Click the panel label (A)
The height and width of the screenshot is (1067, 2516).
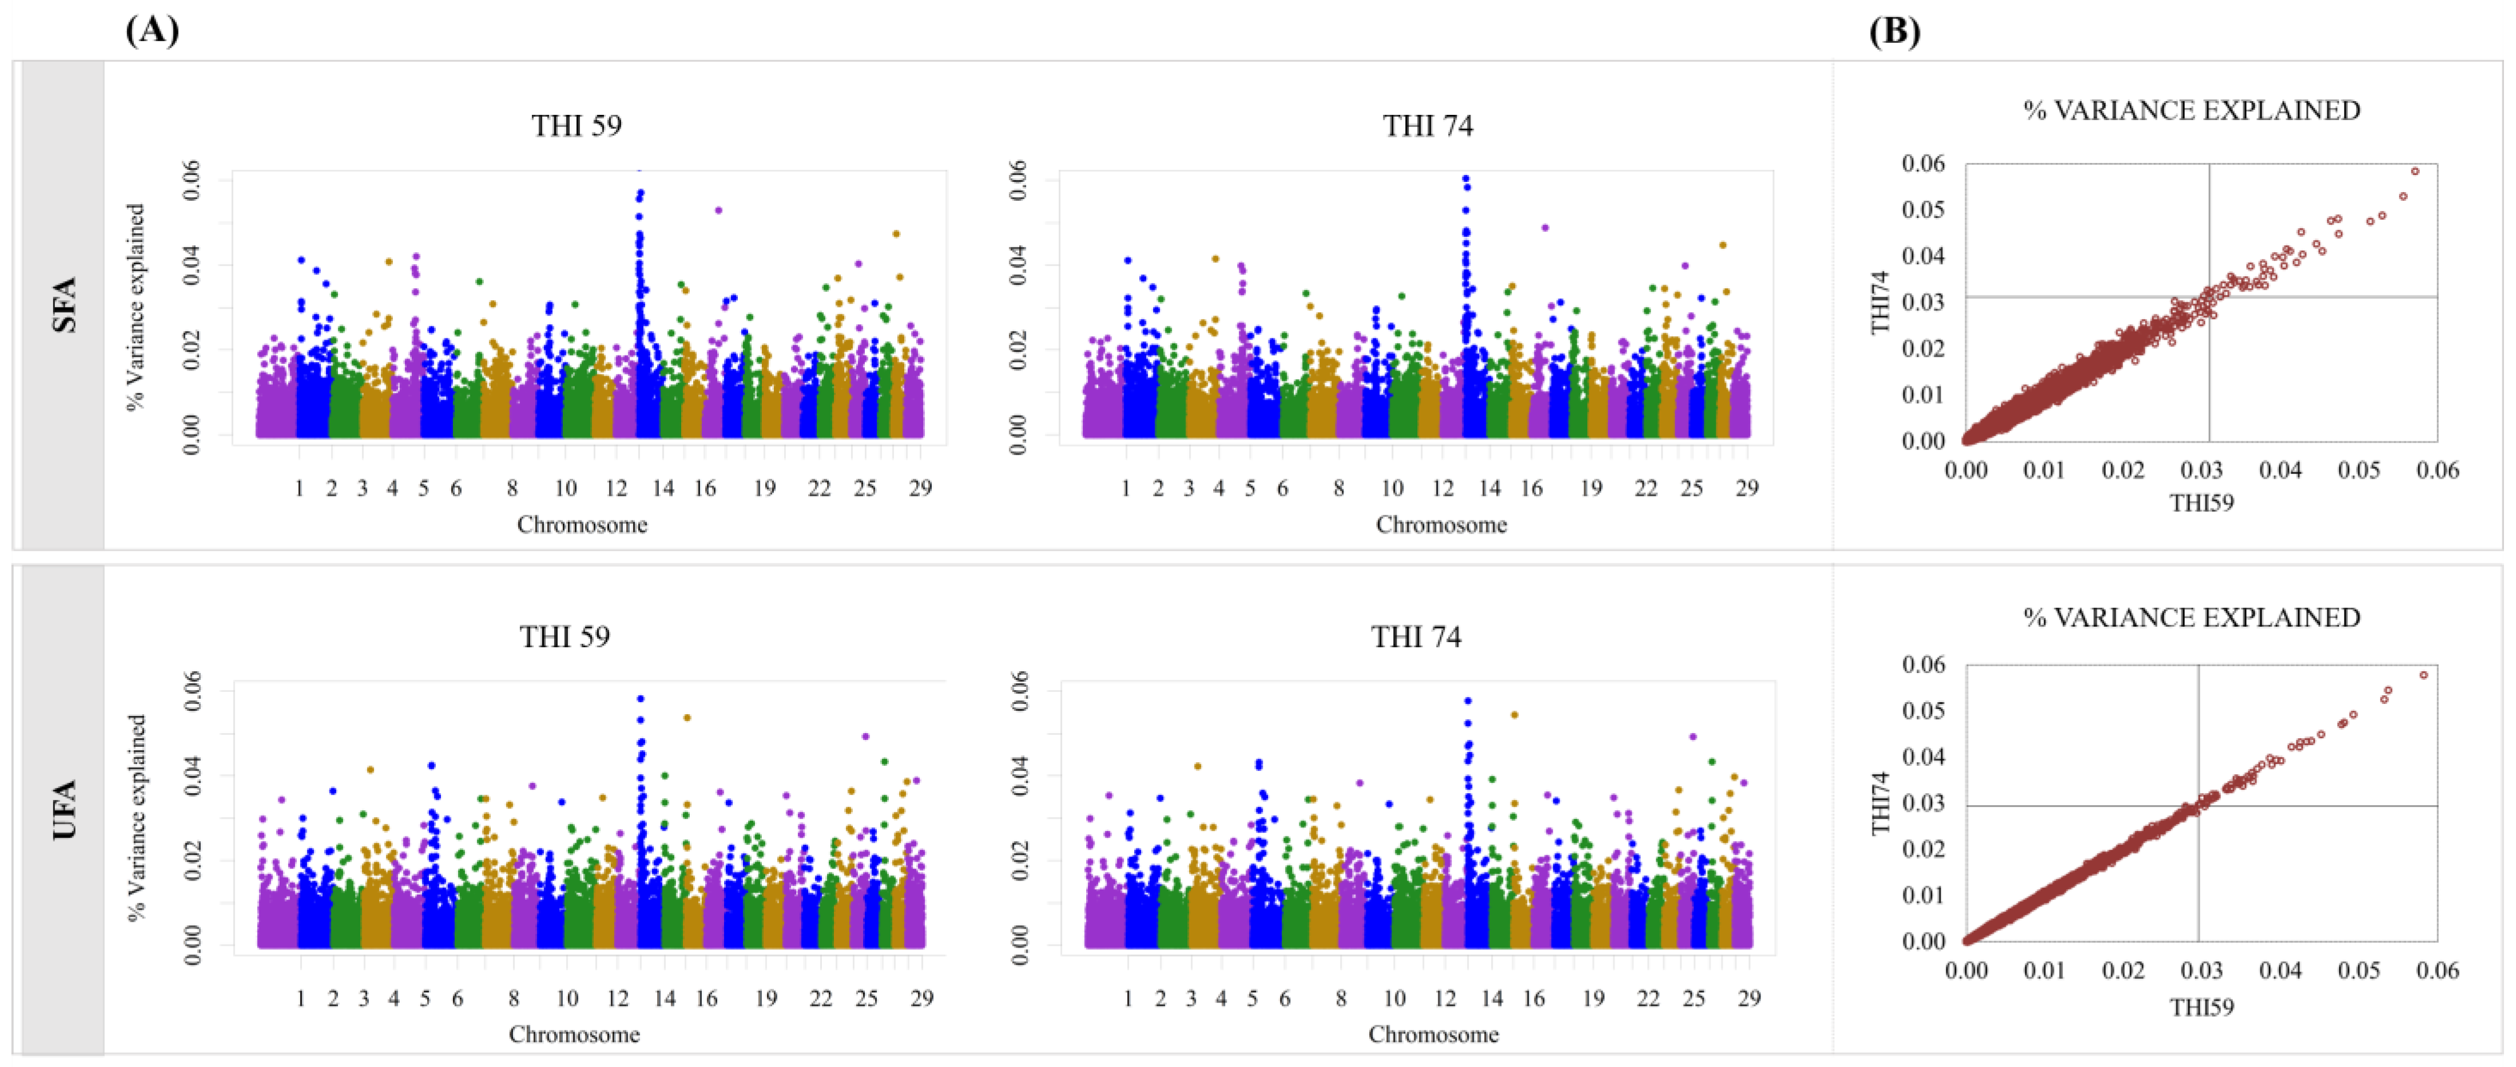pos(152,31)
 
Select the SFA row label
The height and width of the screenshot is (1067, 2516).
pos(65,305)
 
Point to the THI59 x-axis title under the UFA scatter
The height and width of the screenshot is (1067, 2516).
pos(2201,1006)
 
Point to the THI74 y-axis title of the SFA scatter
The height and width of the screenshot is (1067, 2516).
pos(1880,302)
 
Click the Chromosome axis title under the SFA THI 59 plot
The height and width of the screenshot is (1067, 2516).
pos(582,524)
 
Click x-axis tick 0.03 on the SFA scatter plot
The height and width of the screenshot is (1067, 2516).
pos(2201,471)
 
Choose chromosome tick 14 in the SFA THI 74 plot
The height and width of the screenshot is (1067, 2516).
pos(1489,488)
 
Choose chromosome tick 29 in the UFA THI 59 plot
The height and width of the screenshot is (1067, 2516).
pos(921,998)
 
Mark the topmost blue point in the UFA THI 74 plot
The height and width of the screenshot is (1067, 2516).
pos(1467,700)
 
